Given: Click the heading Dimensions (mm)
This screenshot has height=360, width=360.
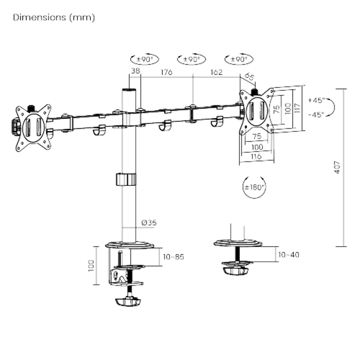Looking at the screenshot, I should tap(54, 18).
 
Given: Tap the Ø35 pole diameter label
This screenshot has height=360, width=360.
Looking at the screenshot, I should tap(148, 222).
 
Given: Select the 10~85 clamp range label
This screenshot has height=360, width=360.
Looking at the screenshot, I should tap(174, 257).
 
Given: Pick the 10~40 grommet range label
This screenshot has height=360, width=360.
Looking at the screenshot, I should tap(288, 255).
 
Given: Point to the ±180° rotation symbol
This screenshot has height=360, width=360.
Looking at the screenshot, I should tap(254, 187).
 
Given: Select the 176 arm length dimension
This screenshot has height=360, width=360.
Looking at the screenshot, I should tap(166, 72).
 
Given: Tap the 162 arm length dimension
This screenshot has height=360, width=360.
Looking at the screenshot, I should tap(216, 72).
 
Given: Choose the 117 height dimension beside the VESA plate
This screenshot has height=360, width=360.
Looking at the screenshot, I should tap(297, 108).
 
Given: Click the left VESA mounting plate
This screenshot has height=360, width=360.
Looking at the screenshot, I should tap(33, 127).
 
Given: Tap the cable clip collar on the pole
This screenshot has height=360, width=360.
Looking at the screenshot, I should tap(126, 179).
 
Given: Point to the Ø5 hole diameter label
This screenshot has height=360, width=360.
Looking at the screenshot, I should tap(250, 77).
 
